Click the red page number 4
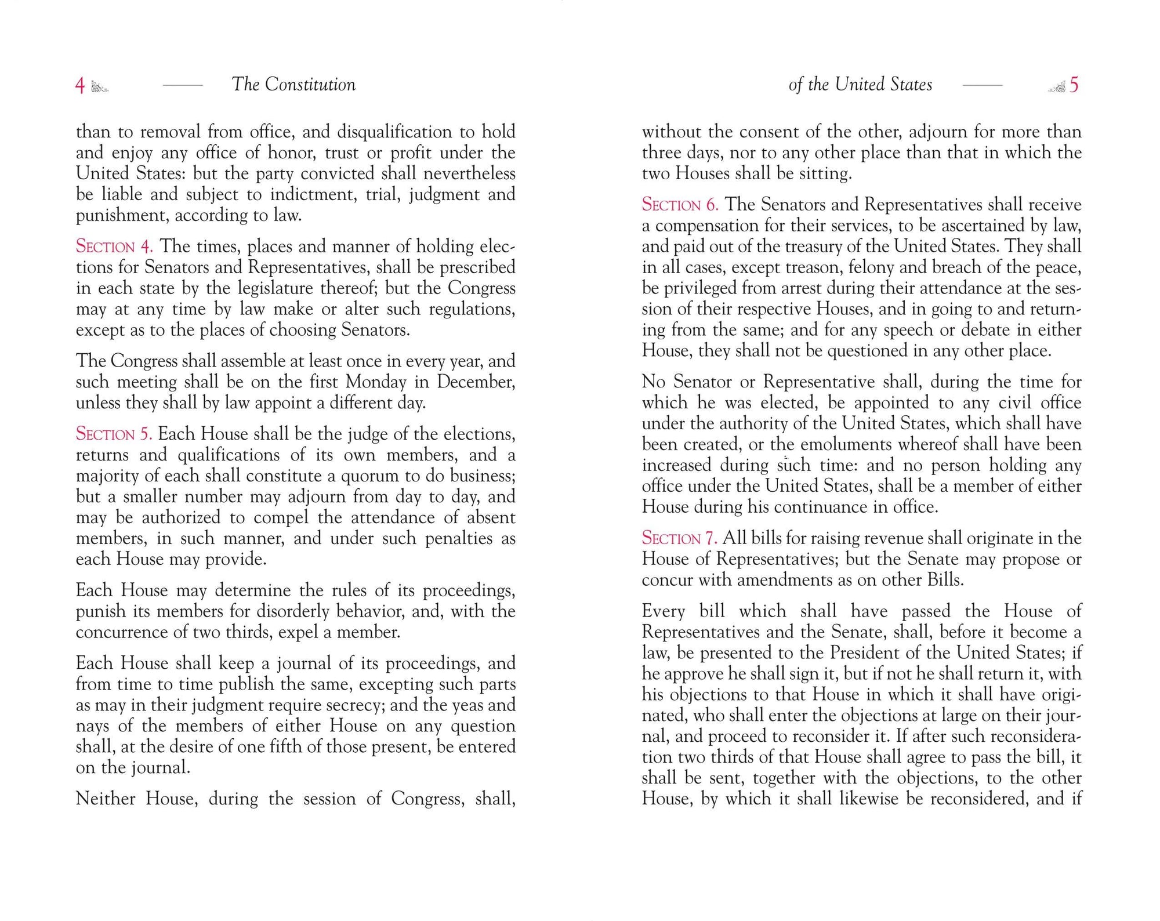pyautogui.click(x=80, y=86)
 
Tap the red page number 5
pyautogui.click(x=1074, y=85)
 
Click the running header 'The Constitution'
pyautogui.click(x=293, y=85)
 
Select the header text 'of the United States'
pyautogui.click(x=860, y=85)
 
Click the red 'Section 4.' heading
pyautogui.click(x=114, y=246)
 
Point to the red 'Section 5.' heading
pyautogui.click(x=114, y=434)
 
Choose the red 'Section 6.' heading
pyautogui.click(x=680, y=205)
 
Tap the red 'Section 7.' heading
pyautogui.click(x=679, y=538)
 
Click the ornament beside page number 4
pyautogui.click(x=100, y=87)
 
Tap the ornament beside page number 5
pyautogui.click(x=1057, y=87)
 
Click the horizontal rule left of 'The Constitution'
pyautogui.click(x=183, y=85)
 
